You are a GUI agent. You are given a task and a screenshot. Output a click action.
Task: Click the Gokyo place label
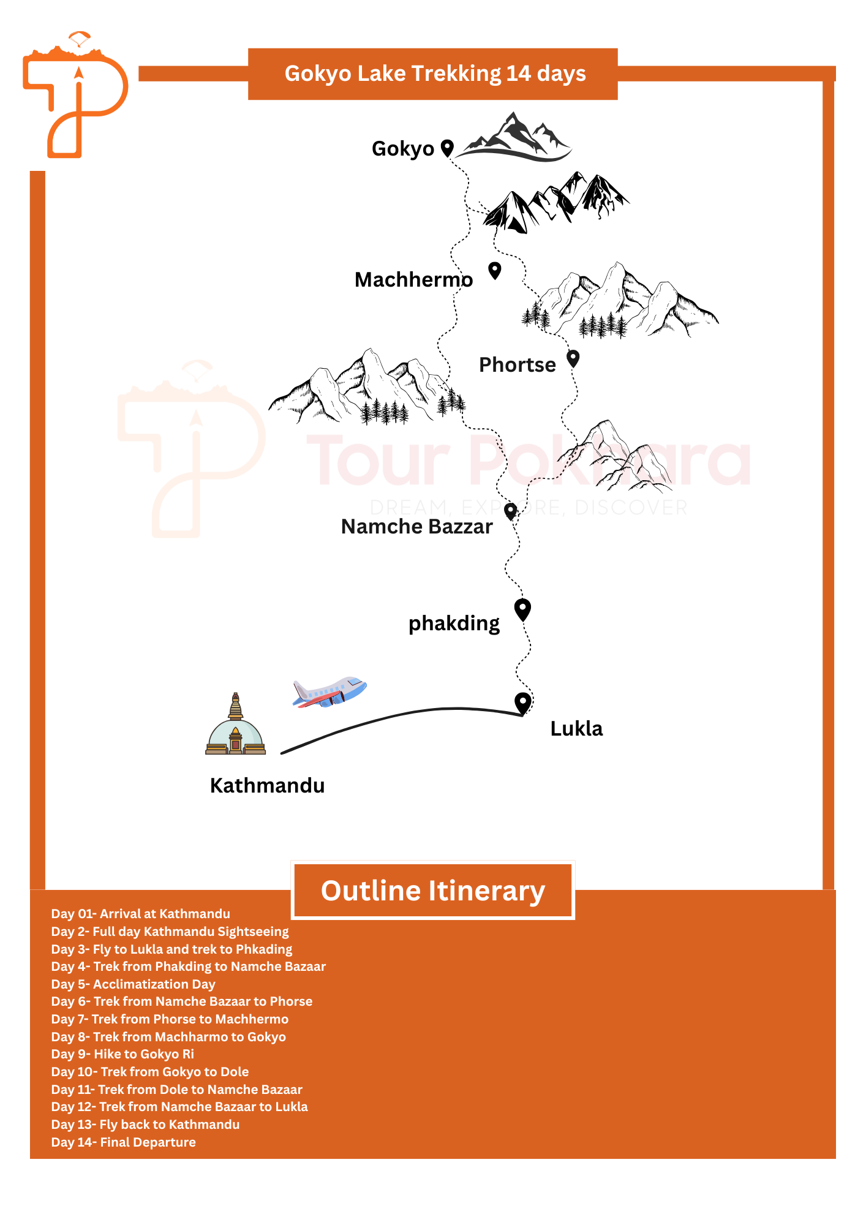pyautogui.click(x=402, y=149)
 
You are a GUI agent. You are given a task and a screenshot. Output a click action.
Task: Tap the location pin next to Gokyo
pyautogui.click(x=448, y=148)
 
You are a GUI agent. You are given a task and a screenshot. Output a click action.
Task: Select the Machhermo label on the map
pyautogui.click(x=413, y=279)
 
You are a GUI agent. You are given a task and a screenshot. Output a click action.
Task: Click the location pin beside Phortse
pyautogui.click(x=573, y=358)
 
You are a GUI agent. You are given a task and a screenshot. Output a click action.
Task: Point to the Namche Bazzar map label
pyautogui.click(x=416, y=526)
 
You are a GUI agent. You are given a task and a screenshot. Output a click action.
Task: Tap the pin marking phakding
pyautogui.click(x=522, y=610)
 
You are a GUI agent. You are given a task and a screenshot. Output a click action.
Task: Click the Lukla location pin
pyautogui.click(x=522, y=703)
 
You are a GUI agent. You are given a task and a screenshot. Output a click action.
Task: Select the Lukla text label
pyautogui.click(x=576, y=728)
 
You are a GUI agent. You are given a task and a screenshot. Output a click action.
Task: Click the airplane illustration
pyautogui.click(x=329, y=692)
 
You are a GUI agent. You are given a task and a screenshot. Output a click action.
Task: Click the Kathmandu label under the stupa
pyautogui.click(x=267, y=785)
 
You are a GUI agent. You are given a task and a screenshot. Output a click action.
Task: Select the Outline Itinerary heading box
pyautogui.click(x=433, y=891)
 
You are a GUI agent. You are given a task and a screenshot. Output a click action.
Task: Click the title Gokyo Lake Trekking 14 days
pyautogui.click(x=435, y=73)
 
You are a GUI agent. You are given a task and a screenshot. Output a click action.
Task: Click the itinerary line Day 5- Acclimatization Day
pyautogui.click(x=134, y=984)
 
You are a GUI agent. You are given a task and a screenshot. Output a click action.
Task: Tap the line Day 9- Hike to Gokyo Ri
pyautogui.click(x=122, y=1054)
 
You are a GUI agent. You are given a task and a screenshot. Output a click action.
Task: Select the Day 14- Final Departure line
pyautogui.click(x=124, y=1142)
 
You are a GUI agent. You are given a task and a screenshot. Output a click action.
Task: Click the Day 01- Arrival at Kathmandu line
pyautogui.click(x=141, y=914)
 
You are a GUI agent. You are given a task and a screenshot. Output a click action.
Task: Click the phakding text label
pyautogui.click(x=454, y=624)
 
